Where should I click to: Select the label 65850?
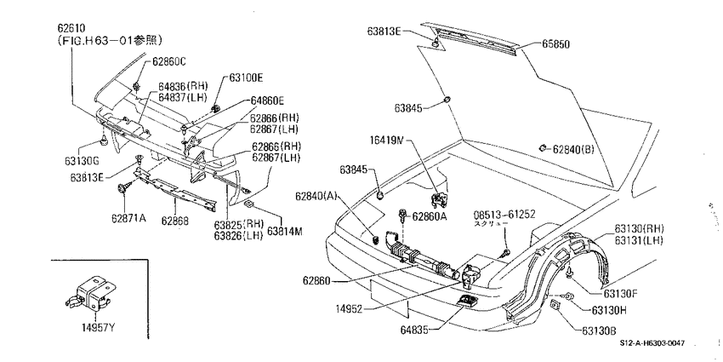coord(555,44)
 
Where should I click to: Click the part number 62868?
coord(174,221)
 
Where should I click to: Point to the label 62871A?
coord(128,217)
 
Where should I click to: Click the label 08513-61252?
coord(504,215)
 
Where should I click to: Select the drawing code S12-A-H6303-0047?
coord(652,342)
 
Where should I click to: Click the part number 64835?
coord(415,330)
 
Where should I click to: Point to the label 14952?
coord(349,308)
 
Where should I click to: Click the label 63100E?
coord(246,78)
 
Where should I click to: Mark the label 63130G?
coord(82,161)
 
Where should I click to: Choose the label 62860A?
coord(430,215)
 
